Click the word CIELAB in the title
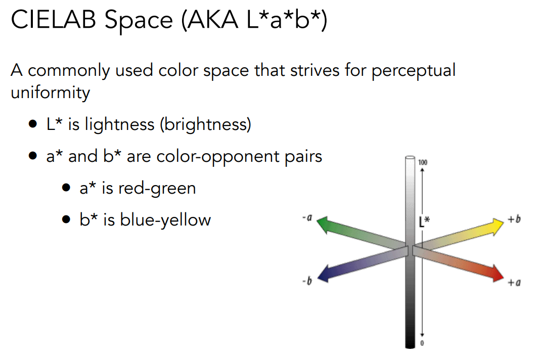coord(54,19)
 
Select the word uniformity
coord(50,93)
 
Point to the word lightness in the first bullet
coord(120,124)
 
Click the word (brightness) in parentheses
coord(206,124)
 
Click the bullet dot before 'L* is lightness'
coord(33,124)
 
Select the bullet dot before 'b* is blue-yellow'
coord(66,219)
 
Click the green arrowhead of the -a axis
coord(323,224)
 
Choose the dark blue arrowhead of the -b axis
coord(323,273)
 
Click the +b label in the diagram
coord(514,219)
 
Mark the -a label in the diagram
coord(307,217)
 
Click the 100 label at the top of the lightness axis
coord(423,162)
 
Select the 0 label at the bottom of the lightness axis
coord(422,343)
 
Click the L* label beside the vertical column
coord(424,221)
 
